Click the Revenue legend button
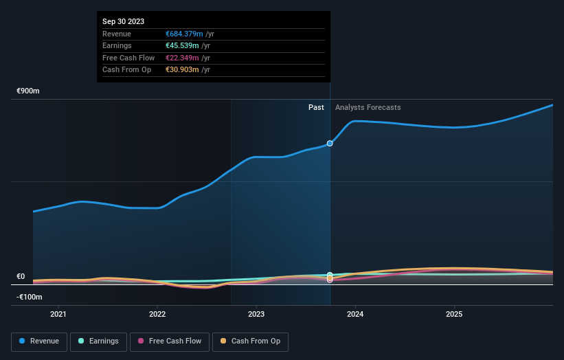pos(40,341)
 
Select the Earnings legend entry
pos(98,341)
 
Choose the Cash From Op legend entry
pos(250,341)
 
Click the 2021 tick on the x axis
pos(59,315)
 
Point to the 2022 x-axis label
pos(157,315)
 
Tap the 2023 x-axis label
pos(256,315)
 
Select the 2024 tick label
pos(355,315)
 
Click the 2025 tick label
pos(454,315)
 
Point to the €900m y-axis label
pos(29,91)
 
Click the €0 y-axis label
pos(21,277)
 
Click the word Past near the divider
pos(316,107)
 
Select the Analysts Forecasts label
pos(368,107)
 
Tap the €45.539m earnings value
pos(183,46)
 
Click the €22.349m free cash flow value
pos(183,58)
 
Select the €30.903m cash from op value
pos(183,69)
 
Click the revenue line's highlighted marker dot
pos(330,143)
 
